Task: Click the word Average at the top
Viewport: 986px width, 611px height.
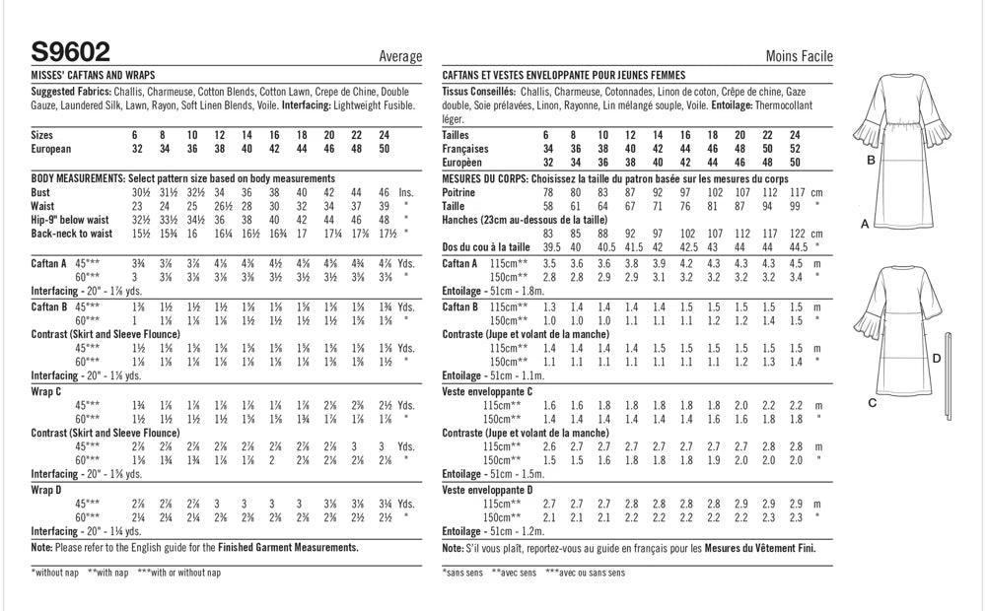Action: point(399,57)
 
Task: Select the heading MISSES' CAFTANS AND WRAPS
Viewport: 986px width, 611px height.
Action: point(93,75)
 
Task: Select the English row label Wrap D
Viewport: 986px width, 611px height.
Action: point(46,489)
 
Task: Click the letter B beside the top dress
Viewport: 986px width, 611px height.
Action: point(871,160)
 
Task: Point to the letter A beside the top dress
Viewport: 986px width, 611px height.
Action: point(865,225)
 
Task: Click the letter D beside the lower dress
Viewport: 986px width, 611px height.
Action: point(938,358)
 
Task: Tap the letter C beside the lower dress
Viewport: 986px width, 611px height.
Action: point(872,403)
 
